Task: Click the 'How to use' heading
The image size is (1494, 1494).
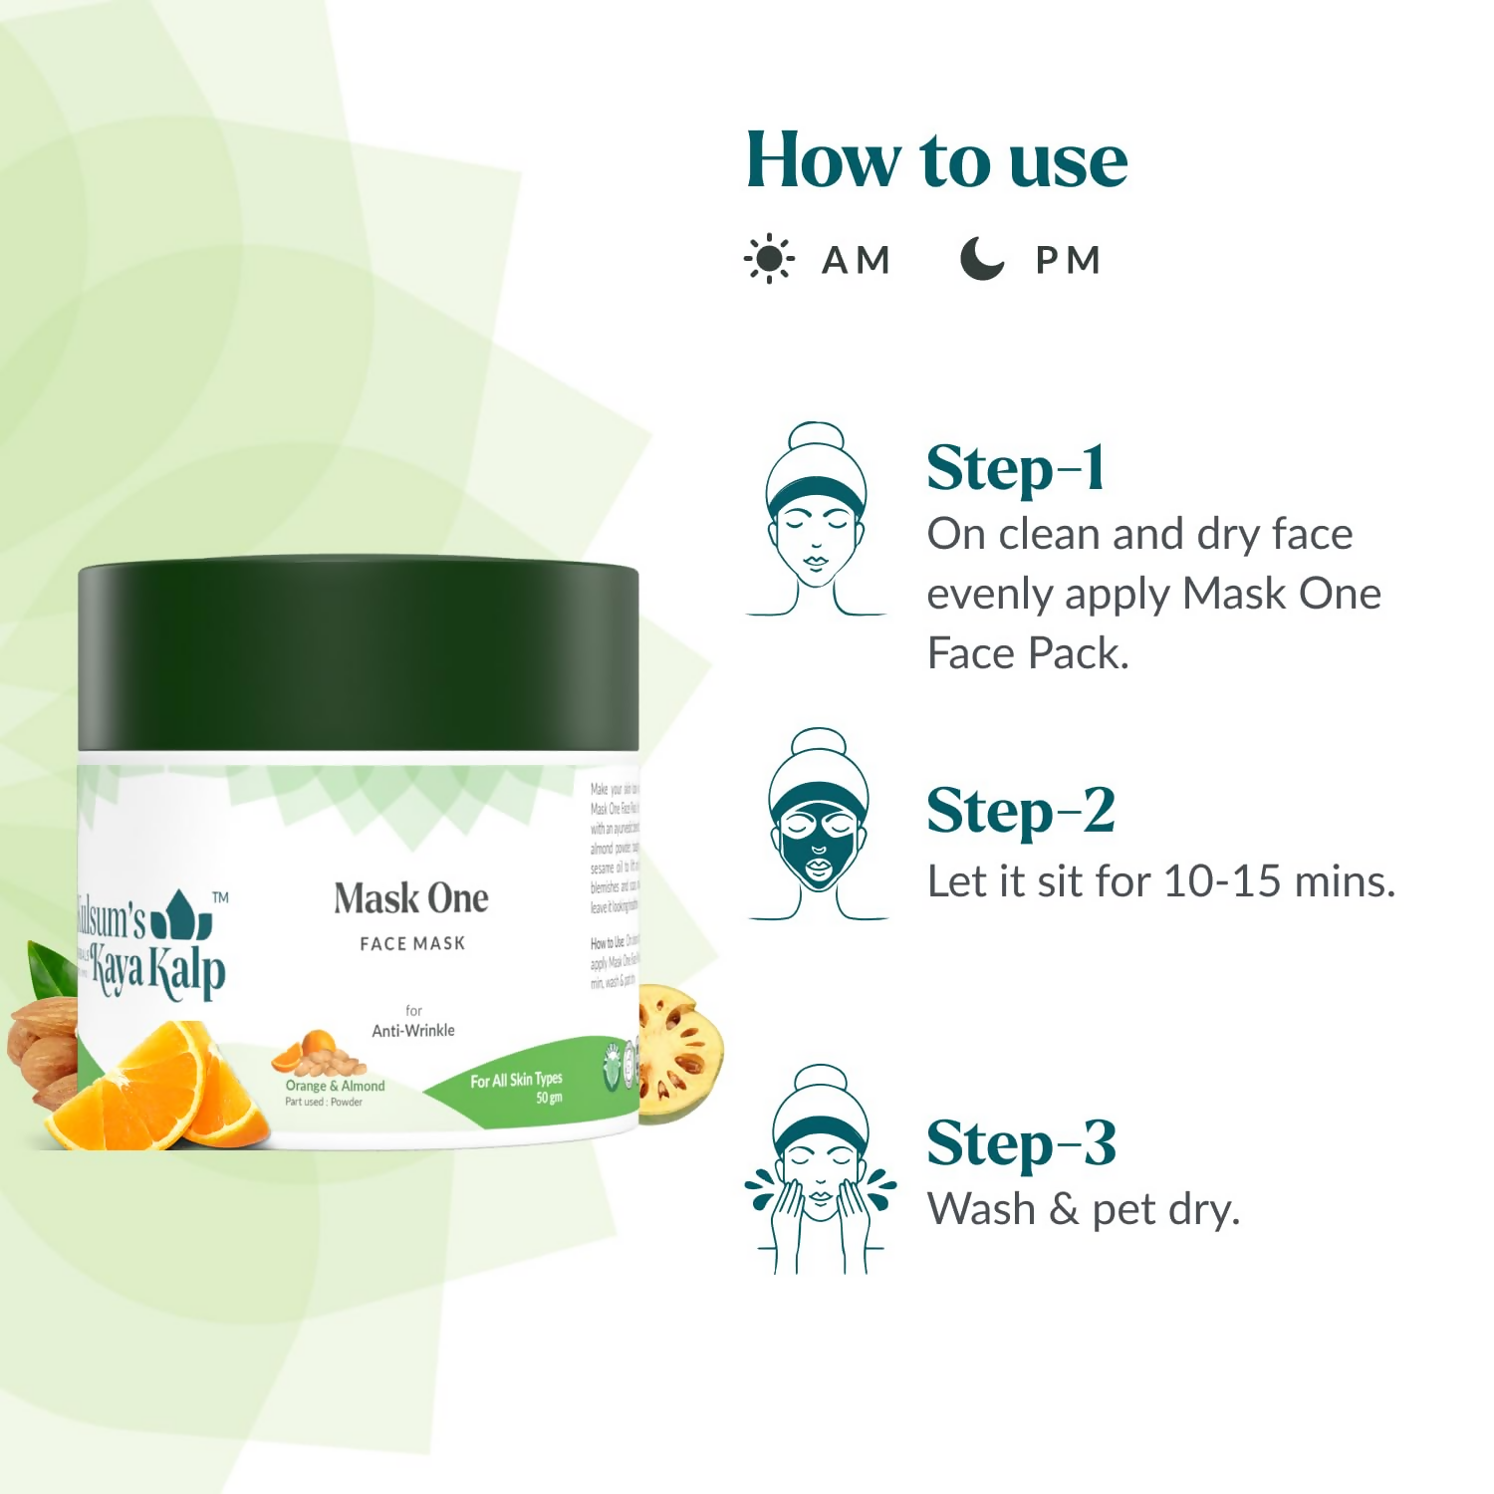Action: (x=936, y=160)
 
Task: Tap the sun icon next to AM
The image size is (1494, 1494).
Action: (x=769, y=260)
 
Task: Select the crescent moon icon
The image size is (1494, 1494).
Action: (x=981, y=259)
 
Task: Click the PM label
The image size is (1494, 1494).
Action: (x=1068, y=261)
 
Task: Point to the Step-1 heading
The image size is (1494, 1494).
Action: (x=1015, y=468)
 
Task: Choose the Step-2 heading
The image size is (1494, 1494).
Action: (x=1020, y=811)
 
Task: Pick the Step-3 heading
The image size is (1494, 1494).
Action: (x=1021, y=1143)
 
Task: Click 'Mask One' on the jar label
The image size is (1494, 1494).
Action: (x=411, y=898)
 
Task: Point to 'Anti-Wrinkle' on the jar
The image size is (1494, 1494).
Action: (x=413, y=1031)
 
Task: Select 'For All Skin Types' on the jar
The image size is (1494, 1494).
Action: (x=516, y=1080)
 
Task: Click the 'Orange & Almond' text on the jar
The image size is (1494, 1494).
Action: (x=335, y=1086)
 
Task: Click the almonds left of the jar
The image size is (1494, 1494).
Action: (x=42, y=1046)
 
